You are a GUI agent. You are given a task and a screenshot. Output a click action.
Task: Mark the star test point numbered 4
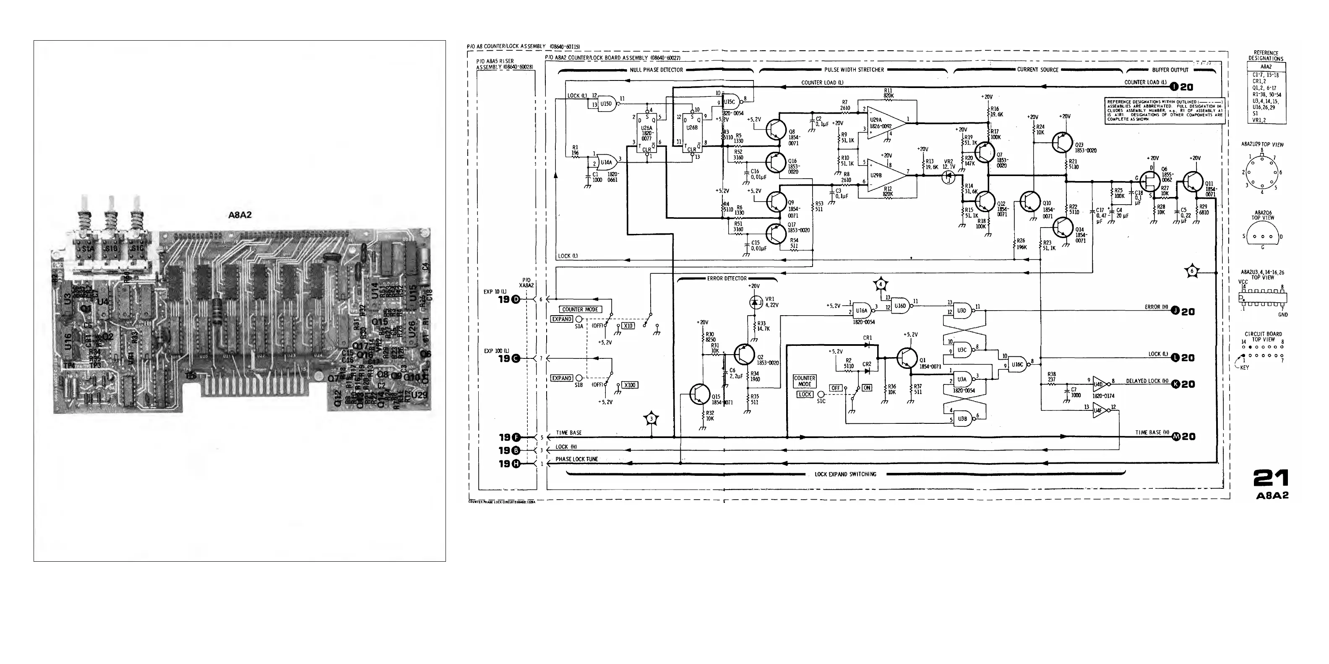click(x=881, y=284)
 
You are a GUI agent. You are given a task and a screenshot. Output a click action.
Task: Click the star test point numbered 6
click(x=1192, y=271)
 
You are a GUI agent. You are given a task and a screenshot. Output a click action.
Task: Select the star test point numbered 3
click(x=651, y=419)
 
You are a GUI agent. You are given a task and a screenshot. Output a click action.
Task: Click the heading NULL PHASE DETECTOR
click(x=656, y=70)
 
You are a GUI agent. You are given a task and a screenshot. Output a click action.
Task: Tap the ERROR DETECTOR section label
click(x=727, y=279)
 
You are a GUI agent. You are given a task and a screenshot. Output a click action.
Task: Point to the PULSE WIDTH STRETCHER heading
click(x=854, y=70)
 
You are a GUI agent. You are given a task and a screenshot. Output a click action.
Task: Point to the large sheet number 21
click(x=1271, y=478)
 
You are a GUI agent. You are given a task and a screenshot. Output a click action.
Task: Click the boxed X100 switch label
click(x=630, y=385)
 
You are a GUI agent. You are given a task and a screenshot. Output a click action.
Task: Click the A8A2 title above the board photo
click(x=240, y=215)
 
